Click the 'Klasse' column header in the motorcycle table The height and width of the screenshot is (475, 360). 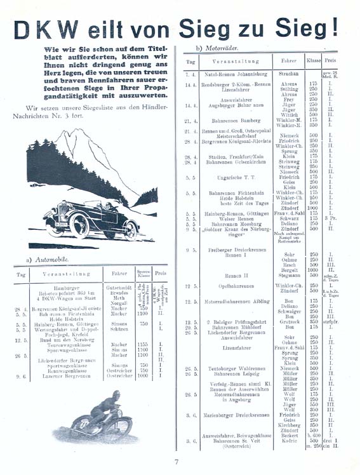click(313, 63)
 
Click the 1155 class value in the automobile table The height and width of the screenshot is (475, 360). click(144, 344)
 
